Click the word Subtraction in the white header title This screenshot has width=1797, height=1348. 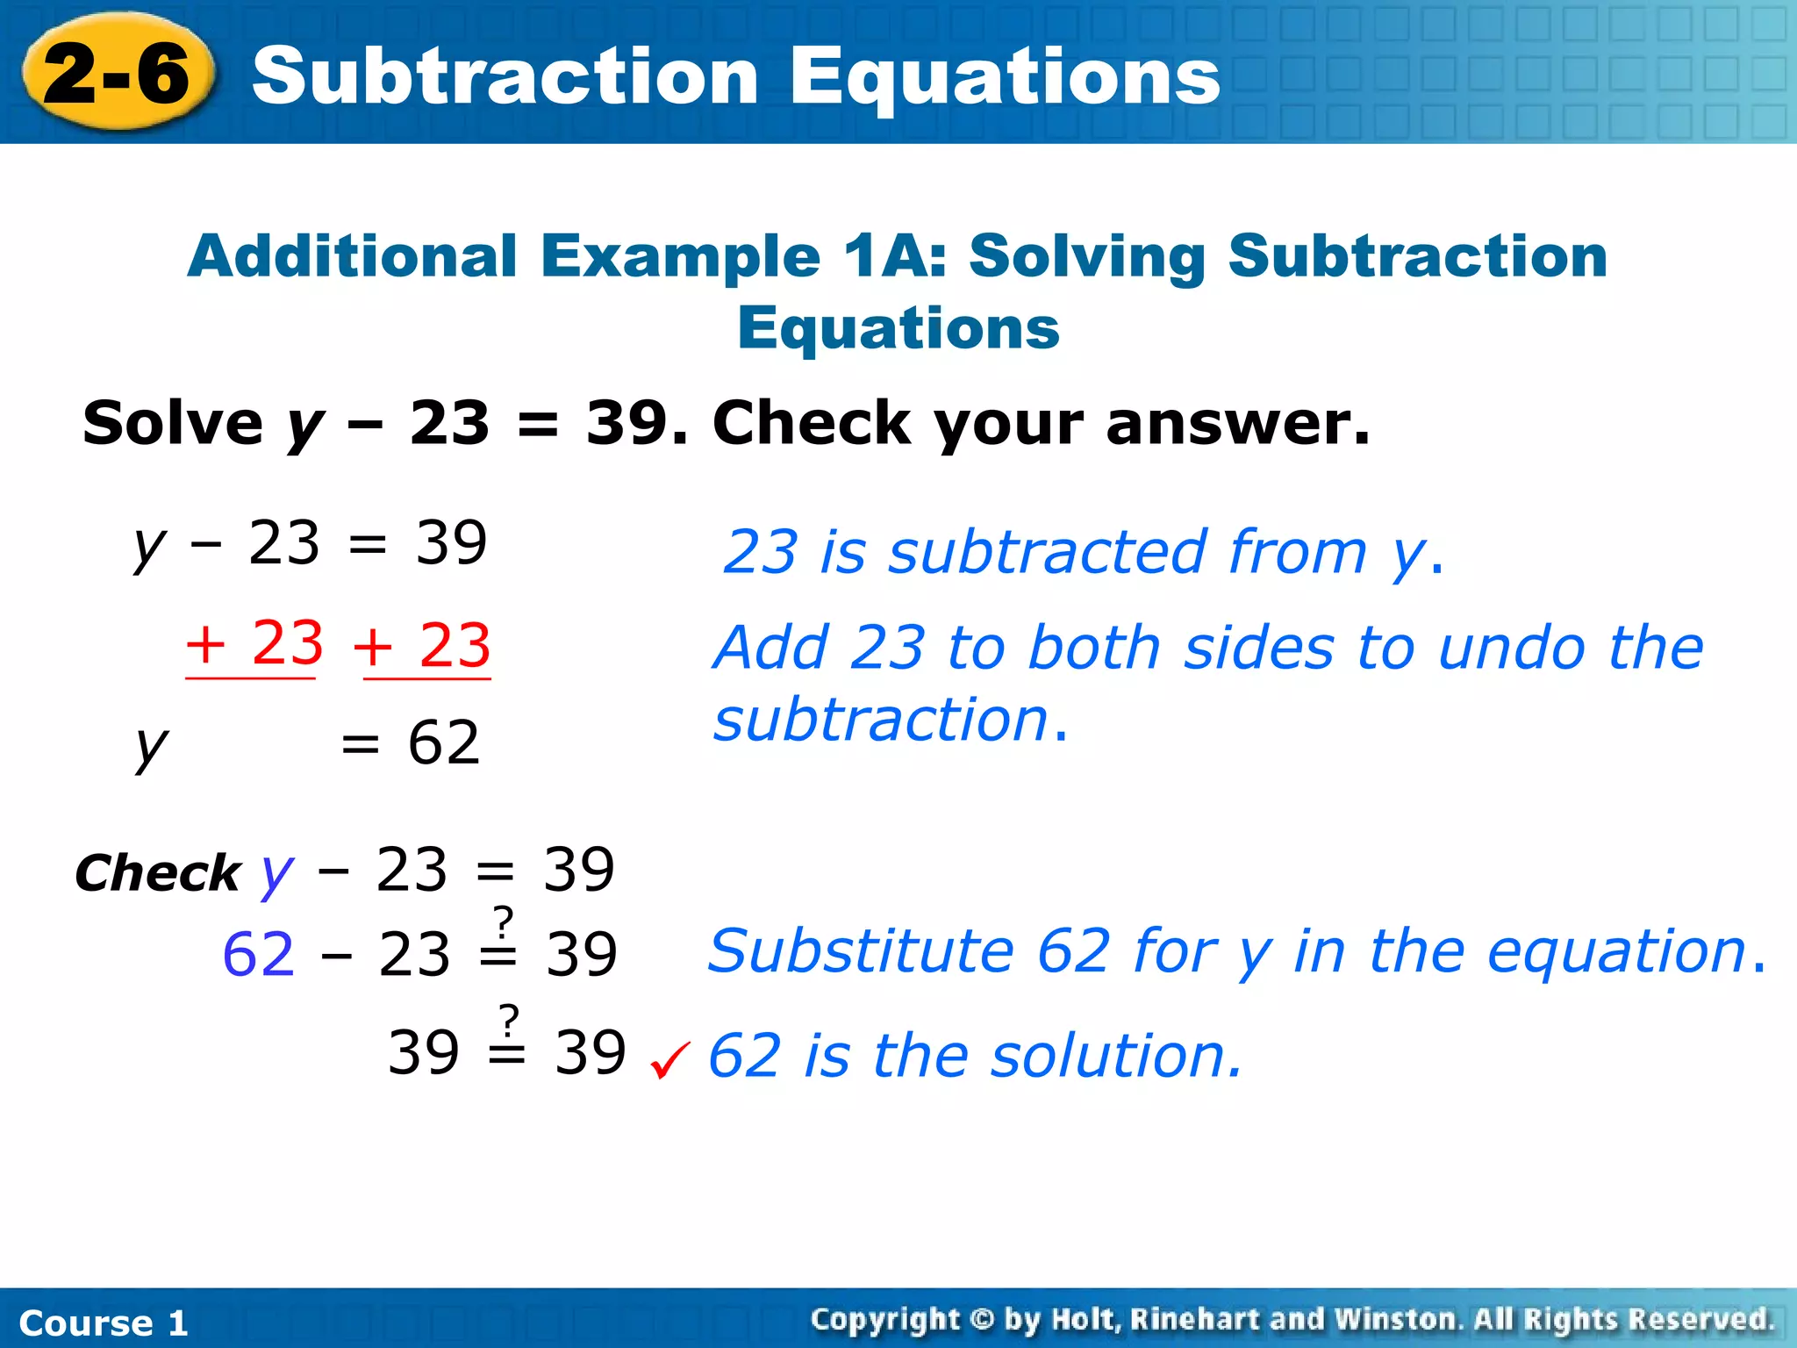505,77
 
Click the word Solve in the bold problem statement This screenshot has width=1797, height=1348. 172,423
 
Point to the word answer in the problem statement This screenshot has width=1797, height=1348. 1237,423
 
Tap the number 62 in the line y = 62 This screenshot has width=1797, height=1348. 444,743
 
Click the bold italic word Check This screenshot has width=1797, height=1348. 157,873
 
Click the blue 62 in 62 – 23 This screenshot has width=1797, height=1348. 258,955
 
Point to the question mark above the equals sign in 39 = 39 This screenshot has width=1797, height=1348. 509,1021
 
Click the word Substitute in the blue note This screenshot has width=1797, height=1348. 861,951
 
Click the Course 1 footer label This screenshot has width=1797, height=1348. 104,1323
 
